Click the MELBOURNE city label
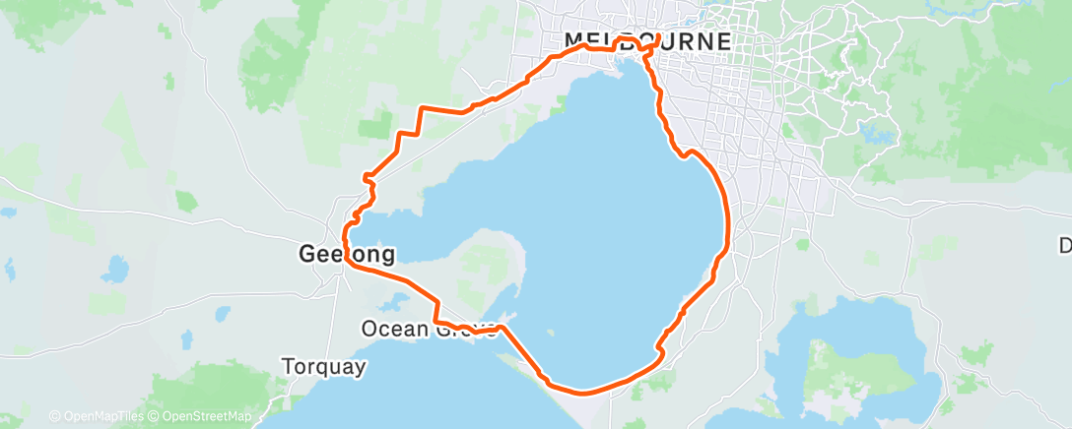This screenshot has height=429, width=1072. pyautogui.click(x=647, y=41)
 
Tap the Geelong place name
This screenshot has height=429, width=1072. pyautogui.click(x=346, y=255)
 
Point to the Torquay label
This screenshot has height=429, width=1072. pyautogui.click(x=323, y=367)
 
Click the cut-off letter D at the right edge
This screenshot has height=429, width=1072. pyautogui.click(x=1065, y=245)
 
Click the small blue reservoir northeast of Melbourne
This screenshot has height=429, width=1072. pyautogui.click(x=873, y=131)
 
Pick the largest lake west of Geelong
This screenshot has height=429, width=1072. pyautogui.click(x=116, y=267)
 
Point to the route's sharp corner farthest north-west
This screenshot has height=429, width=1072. pyautogui.click(x=422, y=106)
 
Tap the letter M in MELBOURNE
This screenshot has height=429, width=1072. pyautogui.click(x=573, y=41)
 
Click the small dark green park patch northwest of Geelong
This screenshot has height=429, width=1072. pyautogui.click(x=373, y=127)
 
